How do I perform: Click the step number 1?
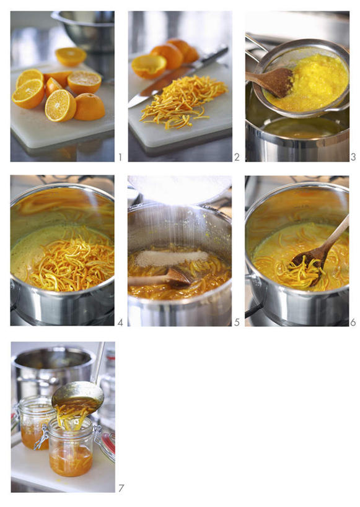[x=120, y=157]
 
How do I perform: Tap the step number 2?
[x=237, y=157]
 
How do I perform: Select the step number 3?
[x=353, y=157]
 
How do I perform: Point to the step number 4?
[x=120, y=323]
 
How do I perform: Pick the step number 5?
[x=237, y=323]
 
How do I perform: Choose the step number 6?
[x=353, y=323]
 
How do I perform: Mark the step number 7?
[x=121, y=488]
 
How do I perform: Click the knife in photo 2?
[x=178, y=77]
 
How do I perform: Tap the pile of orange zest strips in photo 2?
[x=183, y=101]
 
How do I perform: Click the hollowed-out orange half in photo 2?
[x=149, y=66]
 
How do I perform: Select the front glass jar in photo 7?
[x=71, y=451]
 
